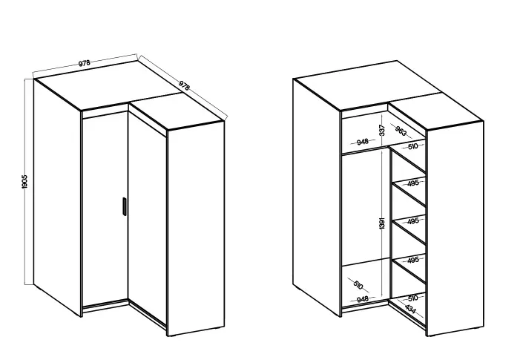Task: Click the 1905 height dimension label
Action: coord(24,182)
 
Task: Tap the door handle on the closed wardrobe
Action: coord(124,206)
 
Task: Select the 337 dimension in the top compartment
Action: coord(382,130)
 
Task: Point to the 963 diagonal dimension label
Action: coord(401,131)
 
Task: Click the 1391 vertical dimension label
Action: coord(382,223)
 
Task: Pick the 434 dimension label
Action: coord(410,310)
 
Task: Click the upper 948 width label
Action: coord(363,142)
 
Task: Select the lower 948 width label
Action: coord(363,299)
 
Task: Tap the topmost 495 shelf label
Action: coord(413,183)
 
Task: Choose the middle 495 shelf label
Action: coord(413,221)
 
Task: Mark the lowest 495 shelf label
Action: coord(413,260)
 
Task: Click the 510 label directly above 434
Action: coord(413,298)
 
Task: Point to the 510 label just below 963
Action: coord(413,146)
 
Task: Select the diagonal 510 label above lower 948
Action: coord(358,285)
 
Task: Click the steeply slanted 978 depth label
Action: coord(184,85)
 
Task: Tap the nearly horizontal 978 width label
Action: coord(85,63)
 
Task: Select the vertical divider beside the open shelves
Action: coord(391,223)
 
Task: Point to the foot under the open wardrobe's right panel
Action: coord(479,328)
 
